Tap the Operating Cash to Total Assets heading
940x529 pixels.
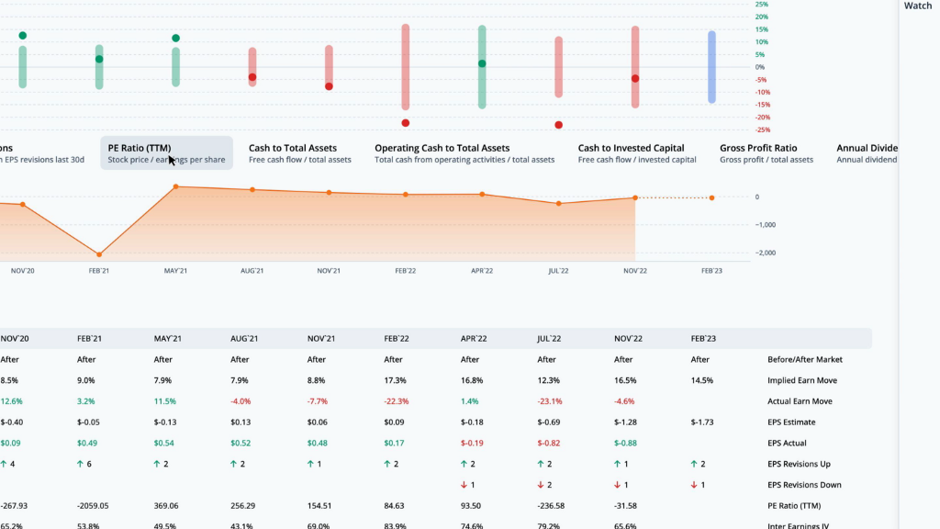point(442,148)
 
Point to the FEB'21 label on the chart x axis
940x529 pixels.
point(99,271)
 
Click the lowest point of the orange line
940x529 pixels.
point(99,254)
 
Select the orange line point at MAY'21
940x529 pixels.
point(176,186)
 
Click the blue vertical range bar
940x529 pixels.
point(711,67)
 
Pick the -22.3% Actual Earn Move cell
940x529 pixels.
point(397,401)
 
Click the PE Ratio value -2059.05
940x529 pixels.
point(93,505)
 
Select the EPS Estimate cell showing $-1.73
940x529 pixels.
point(704,422)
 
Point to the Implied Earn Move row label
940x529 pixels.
point(804,380)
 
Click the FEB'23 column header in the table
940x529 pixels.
point(703,339)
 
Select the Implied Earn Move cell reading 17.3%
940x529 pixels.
point(396,380)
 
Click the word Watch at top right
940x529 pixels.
point(917,6)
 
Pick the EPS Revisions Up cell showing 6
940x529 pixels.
point(88,464)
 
